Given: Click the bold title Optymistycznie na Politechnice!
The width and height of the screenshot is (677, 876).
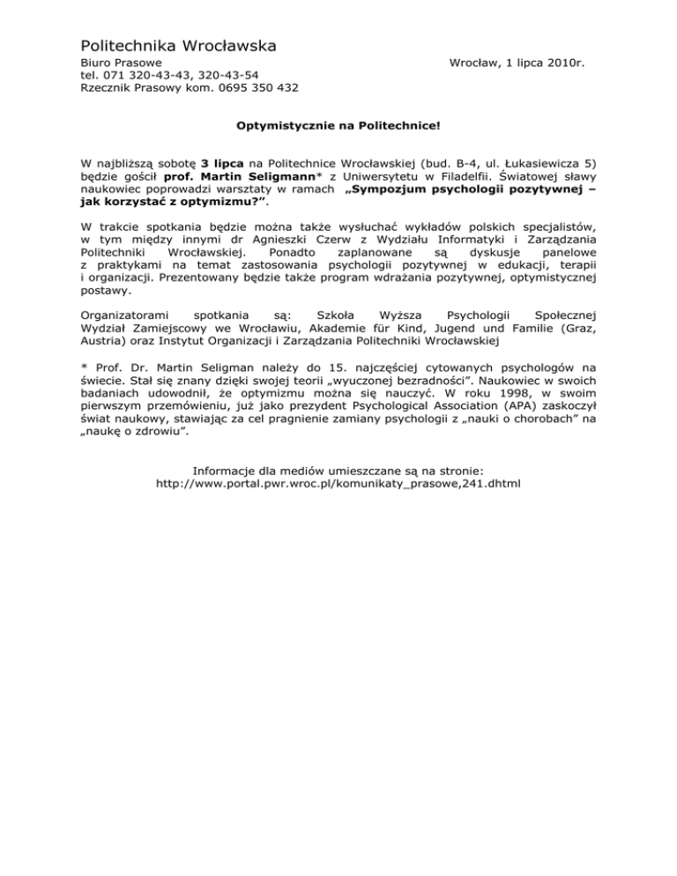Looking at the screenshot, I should coord(338,126).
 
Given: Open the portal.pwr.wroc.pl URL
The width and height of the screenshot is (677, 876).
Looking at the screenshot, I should coord(338,484).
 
